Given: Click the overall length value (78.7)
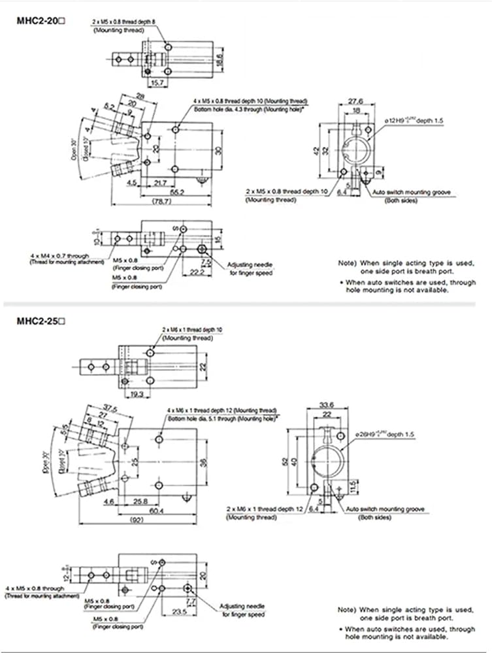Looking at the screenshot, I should pyautogui.click(x=157, y=204).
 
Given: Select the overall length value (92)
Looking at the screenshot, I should pyautogui.click(x=155, y=521).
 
